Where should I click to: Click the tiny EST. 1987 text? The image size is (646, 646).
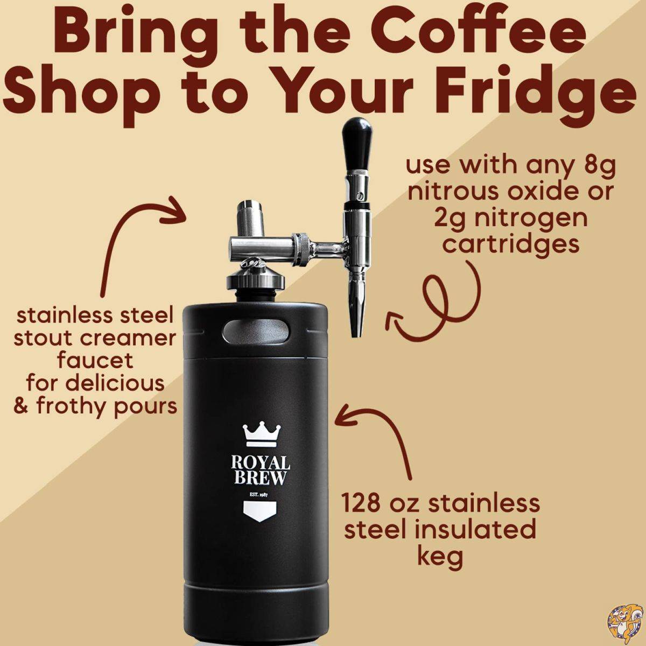(259, 495)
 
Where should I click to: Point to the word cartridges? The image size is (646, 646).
(511, 244)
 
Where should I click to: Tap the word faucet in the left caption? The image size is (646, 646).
(95, 360)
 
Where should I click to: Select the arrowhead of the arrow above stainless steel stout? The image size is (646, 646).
(175, 209)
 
